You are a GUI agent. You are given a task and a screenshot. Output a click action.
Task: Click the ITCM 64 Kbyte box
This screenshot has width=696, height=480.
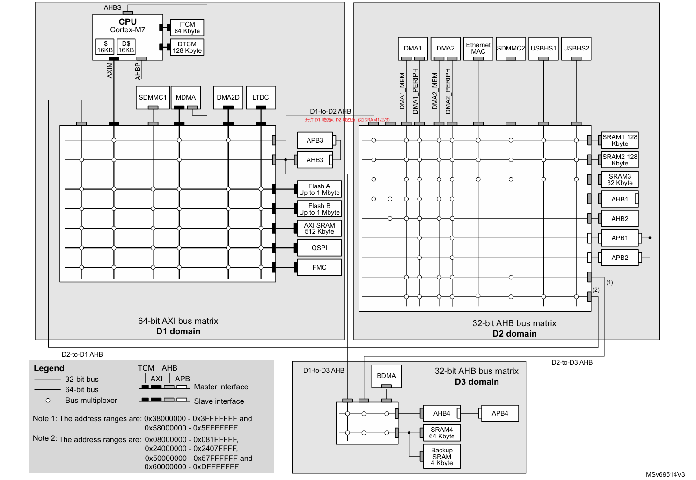point(187,28)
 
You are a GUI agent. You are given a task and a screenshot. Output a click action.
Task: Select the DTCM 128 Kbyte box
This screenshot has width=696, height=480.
point(187,47)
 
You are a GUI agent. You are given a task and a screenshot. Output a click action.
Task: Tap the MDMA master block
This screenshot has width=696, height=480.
point(186,97)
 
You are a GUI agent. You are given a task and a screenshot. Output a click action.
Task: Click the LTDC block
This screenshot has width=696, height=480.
point(261,97)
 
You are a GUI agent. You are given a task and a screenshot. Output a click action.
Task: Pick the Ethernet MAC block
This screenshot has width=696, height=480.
point(478,48)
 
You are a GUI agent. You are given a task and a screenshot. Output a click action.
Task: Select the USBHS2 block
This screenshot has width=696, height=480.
point(576,48)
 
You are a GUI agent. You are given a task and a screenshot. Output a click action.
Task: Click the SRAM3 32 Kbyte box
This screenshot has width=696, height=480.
point(620,179)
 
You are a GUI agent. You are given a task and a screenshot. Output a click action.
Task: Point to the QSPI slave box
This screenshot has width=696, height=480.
point(319,248)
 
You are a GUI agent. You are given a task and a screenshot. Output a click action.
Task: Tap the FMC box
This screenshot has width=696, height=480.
point(319,267)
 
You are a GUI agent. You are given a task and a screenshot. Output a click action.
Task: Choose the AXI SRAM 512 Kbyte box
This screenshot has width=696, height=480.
point(319,228)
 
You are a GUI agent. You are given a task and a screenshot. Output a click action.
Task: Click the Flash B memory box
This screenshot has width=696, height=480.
point(319,208)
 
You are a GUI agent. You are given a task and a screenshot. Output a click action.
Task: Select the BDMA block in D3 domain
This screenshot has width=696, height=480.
point(386,376)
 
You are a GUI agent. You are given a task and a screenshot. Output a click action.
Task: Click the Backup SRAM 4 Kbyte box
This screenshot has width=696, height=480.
point(442,457)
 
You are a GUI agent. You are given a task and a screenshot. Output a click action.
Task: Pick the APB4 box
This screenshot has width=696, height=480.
point(500,413)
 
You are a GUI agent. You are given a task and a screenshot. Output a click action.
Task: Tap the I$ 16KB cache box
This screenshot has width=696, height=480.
point(105,47)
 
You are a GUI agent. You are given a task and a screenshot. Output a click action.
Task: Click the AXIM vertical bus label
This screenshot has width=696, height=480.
point(110,70)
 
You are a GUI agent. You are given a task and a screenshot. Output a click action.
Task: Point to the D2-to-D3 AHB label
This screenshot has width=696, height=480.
point(572,362)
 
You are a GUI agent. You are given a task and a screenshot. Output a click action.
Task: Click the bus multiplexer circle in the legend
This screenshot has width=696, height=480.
point(48,401)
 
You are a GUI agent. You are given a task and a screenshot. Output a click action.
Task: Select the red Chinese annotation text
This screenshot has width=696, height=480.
point(347,120)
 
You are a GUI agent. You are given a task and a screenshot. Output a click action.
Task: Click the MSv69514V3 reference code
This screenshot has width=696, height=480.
point(665,474)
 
